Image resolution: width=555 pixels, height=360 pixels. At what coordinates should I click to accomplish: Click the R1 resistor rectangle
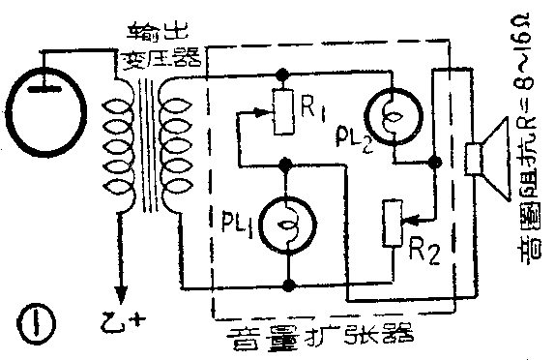(x=282, y=110)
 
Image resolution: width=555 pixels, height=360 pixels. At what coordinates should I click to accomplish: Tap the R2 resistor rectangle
(x=393, y=223)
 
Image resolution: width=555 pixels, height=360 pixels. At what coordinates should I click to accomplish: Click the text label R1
(x=311, y=108)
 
